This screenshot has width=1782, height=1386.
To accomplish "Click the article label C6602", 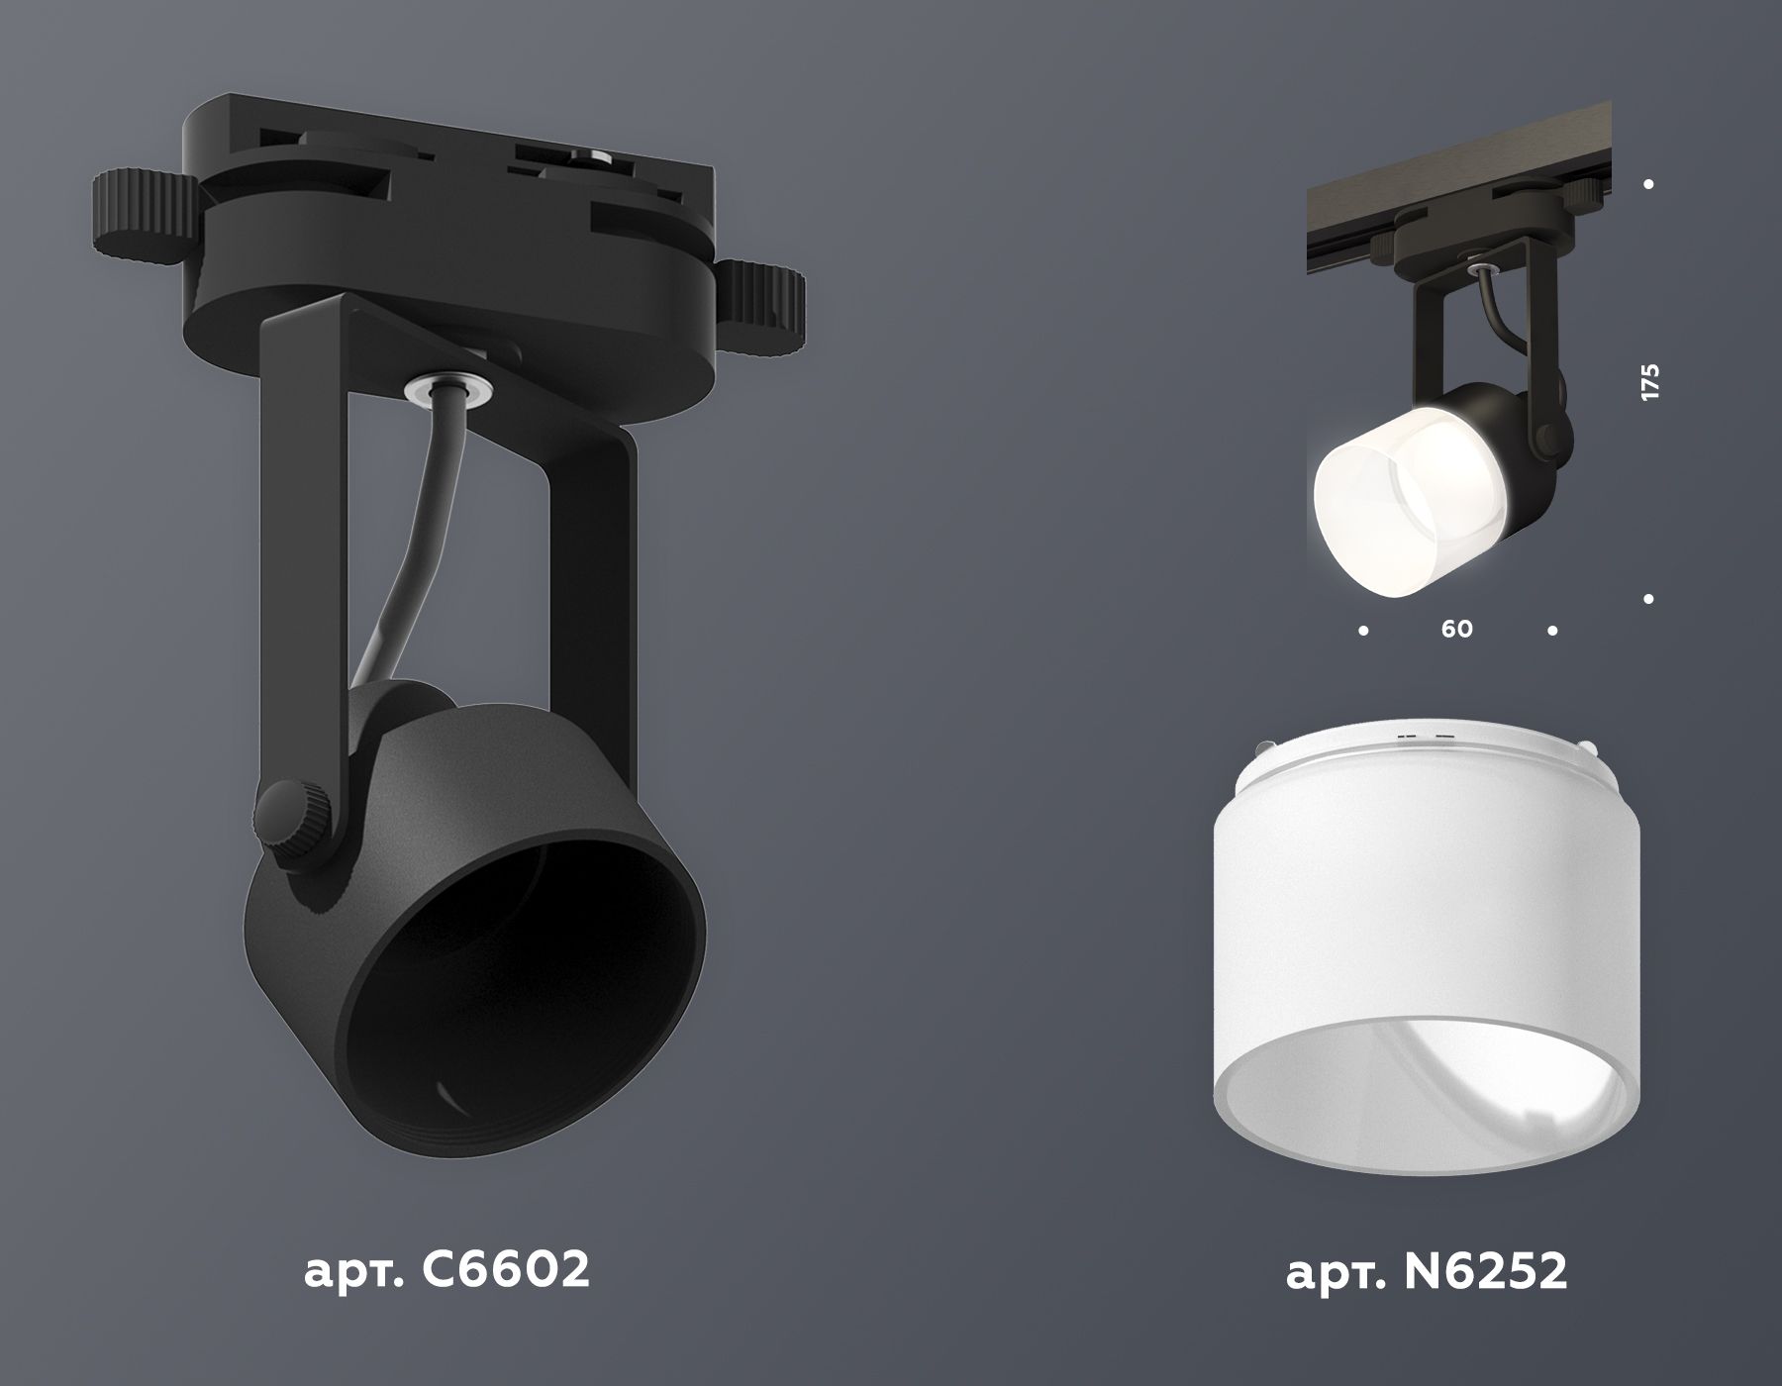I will point(446,1270).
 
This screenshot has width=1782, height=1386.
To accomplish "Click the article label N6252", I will point(1427,1272).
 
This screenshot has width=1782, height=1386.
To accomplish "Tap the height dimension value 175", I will point(1649,383).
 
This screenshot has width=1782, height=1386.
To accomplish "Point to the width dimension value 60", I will point(1456,629).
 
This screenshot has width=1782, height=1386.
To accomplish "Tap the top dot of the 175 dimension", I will point(1648,184).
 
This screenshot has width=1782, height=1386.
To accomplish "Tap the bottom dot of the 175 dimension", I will point(1648,599).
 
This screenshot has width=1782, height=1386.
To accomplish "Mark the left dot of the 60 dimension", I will point(1364,630).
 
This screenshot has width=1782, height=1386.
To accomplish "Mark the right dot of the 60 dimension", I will point(1552,630).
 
